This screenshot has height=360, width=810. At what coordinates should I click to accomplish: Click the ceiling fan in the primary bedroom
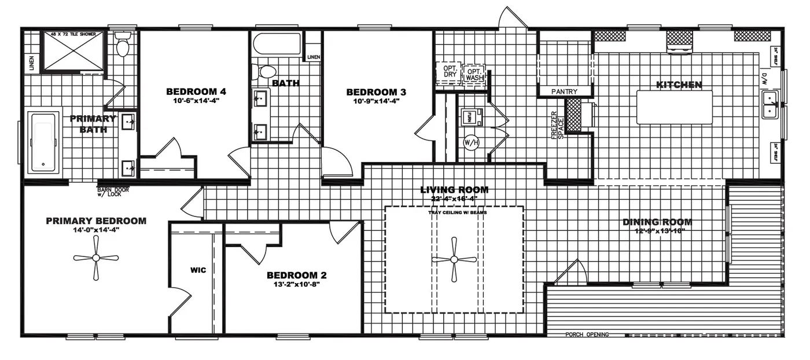[x=96, y=258]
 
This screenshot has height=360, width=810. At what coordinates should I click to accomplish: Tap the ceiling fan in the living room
[x=454, y=260]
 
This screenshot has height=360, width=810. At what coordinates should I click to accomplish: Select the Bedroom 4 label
[x=196, y=91]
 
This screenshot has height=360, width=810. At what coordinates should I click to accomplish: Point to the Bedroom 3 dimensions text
[x=376, y=101]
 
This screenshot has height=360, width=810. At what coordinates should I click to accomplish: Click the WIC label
[x=198, y=270]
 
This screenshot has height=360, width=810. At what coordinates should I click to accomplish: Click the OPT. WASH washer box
[x=474, y=74]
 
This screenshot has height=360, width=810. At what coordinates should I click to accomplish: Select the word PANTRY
[x=565, y=91]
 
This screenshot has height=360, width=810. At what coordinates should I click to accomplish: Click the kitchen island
[x=675, y=106]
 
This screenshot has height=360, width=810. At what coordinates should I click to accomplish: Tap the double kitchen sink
[x=770, y=104]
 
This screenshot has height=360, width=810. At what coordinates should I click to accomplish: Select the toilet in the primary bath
[x=122, y=45]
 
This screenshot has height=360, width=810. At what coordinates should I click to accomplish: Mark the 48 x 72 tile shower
[x=72, y=50]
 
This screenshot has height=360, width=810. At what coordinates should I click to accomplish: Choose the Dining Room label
[x=657, y=222]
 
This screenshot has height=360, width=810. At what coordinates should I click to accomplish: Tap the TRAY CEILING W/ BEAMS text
[x=454, y=212]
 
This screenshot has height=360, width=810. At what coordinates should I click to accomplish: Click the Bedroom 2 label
[x=293, y=275]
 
